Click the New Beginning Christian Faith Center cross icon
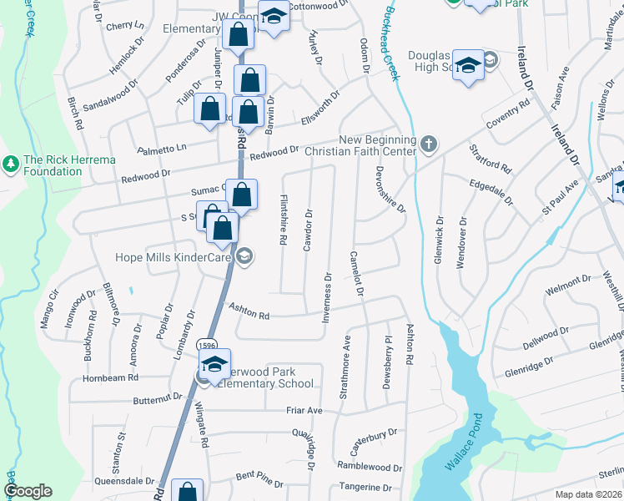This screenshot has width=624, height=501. pyautogui.click(x=429, y=144)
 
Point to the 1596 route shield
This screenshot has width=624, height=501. pyautogui.click(x=204, y=345)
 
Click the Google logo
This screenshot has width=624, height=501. pyautogui.click(x=28, y=491)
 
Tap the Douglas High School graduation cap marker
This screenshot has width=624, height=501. pyautogui.click(x=469, y=66)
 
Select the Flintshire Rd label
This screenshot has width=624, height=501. pyautogui.click(x=284, y=220)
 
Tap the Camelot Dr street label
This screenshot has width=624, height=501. pyautogui.click(x=356, y=275)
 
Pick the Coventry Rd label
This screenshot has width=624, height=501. pyautogui.click(x=509, y=114)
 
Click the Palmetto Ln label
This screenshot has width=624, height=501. pyautogui.click(x=164, y=148)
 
